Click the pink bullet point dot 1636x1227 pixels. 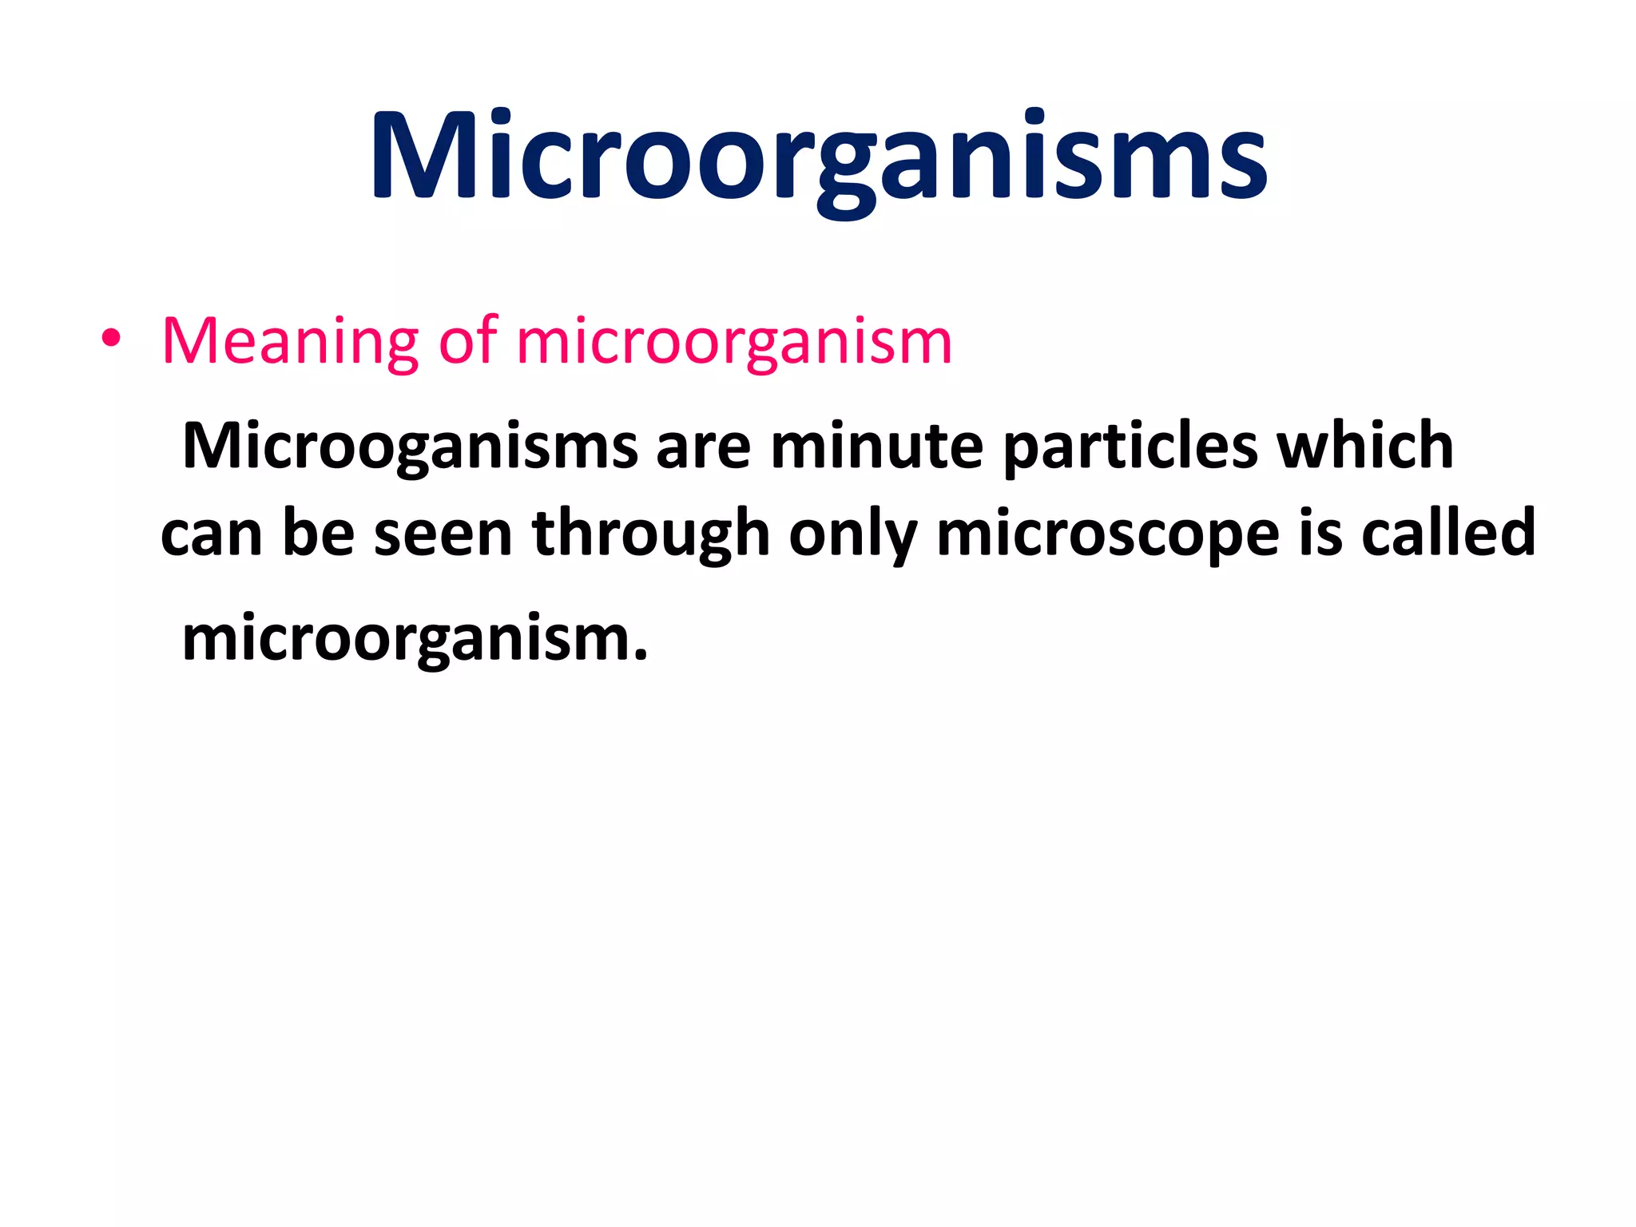pos(111,340)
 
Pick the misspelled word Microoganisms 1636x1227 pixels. pos(410,446)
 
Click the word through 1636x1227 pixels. pos(650,534)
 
